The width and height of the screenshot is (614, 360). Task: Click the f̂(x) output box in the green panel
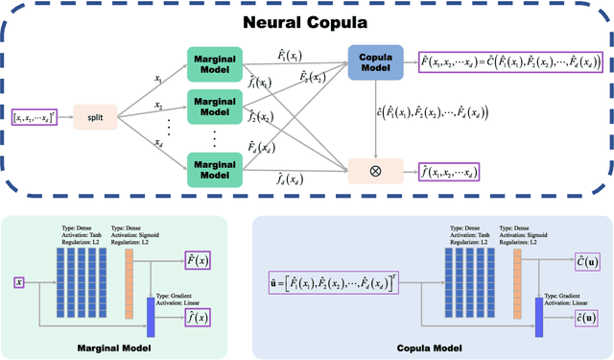(x=198, y=316)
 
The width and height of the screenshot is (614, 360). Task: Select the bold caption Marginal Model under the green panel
(x=112, y=346)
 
